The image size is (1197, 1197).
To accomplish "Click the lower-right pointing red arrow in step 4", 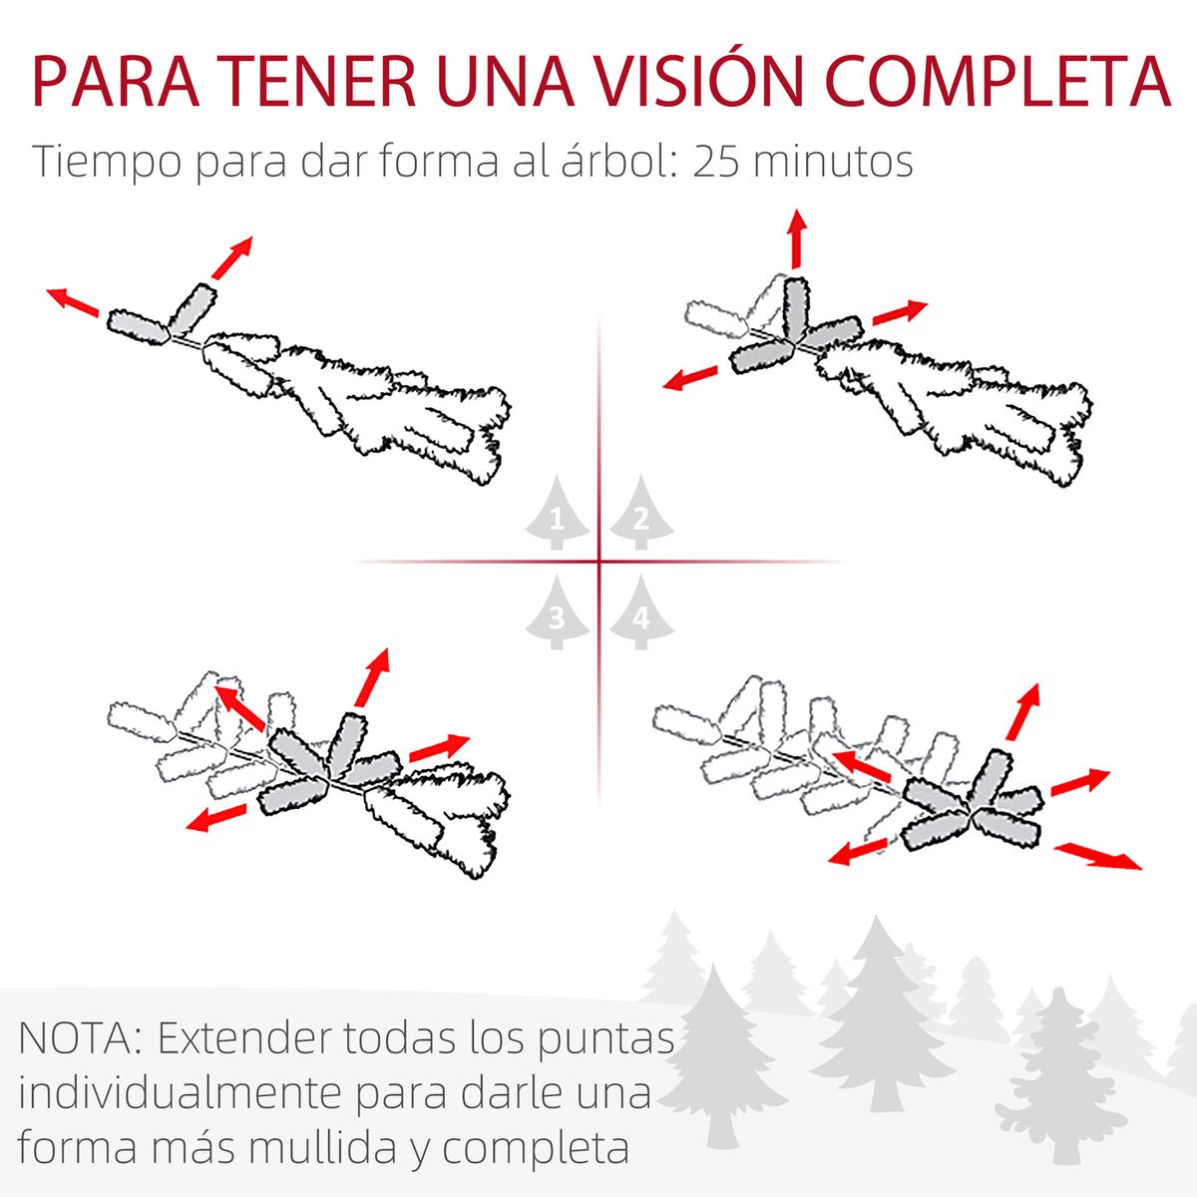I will [x=1098, y=855].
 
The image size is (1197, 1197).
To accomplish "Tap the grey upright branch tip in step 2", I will [x=795, y=304].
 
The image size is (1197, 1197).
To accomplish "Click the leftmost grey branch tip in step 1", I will [x=137, y=325].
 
